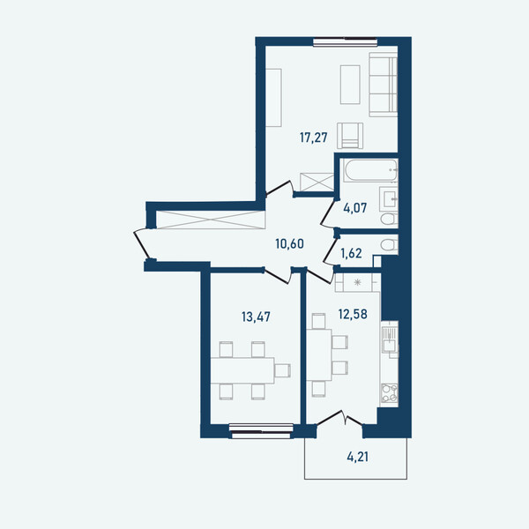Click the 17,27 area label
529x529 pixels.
point(313,138)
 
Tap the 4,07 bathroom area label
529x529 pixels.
point(355,208)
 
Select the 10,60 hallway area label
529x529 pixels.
point(289,243)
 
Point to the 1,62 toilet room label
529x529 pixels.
point(351,253)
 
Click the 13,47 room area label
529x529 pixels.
point(256,317)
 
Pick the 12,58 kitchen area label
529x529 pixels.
point(353,314)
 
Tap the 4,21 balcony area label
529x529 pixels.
point(358,457)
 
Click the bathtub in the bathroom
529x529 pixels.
point(370,170)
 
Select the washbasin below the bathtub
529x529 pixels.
point(389,198)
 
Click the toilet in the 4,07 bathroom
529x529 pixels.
point(390,219)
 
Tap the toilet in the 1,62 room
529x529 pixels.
point(390,244)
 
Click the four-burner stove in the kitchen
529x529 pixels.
point(390,393)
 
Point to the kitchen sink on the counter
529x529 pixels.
point(390,339)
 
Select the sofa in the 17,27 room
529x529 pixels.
point(384,85)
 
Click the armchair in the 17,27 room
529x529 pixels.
point(350,136)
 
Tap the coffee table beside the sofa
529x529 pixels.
point(350,85)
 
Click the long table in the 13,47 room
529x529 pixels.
point(242,370)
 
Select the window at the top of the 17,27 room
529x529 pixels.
point(345,42)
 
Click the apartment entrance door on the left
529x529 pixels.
point(142,244)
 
